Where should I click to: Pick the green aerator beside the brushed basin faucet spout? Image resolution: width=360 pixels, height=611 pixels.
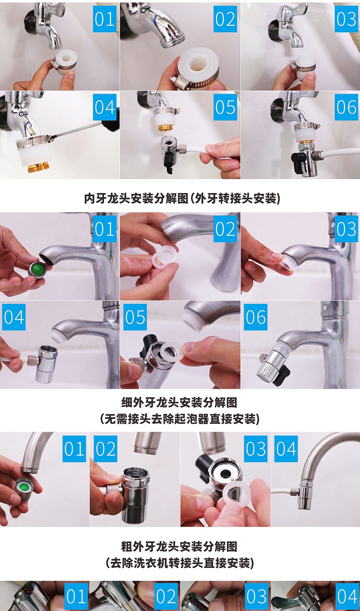tap(37, 270)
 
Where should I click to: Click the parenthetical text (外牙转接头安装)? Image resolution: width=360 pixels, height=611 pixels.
tap(235, 198)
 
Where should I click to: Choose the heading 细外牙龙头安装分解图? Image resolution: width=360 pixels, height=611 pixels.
tap(180, 402)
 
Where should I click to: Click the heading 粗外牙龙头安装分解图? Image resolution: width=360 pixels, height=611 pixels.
tap(180, 546)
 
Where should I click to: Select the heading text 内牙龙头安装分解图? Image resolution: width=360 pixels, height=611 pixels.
tap(136, 198)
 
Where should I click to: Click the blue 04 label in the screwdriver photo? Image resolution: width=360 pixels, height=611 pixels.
tap(105, 107)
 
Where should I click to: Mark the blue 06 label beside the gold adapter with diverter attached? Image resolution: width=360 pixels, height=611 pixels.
tap(346, 107)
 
